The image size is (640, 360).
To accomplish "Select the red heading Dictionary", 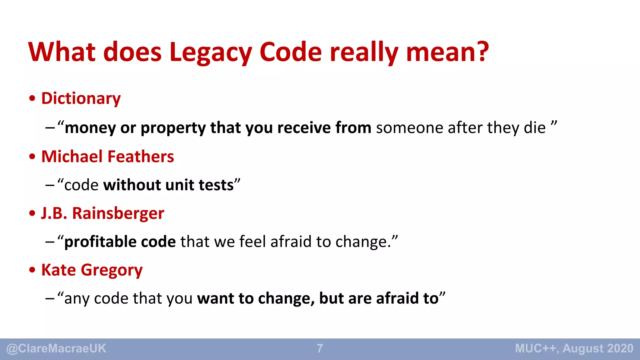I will tap(81, 99).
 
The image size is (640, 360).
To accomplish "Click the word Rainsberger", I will tap(118, 213).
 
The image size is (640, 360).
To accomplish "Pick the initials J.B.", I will tap(54, 213).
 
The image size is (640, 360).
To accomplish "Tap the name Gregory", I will tap(112, 270).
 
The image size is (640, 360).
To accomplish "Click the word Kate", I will tap(58, 270).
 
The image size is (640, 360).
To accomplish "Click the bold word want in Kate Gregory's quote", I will tap(215, 299).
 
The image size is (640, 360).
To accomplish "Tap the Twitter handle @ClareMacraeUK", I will tap(57, 349).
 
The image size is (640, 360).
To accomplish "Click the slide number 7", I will tap(320, 349).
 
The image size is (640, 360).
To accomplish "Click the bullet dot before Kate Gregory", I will tap(32, 270).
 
